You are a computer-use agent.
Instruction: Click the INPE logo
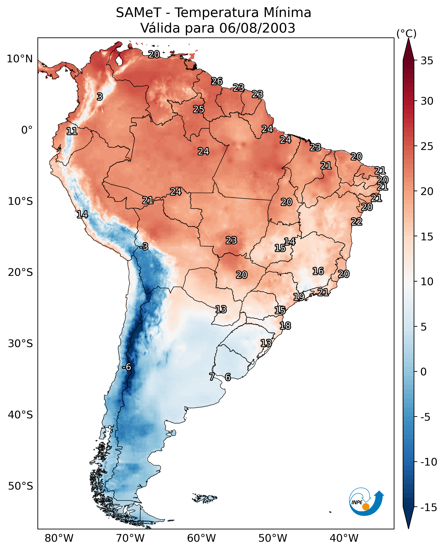[x=366, y=502]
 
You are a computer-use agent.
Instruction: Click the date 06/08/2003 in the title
[x=257, y=28]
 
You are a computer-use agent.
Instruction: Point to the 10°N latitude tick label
[x=20, y=59]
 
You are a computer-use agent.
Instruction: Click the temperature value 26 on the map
[x=217, y=81]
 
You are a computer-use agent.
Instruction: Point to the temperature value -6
[x=127, y=367]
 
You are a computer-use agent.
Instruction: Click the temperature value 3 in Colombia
[x=100, y=97]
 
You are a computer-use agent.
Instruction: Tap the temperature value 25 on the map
[x=198, y=109]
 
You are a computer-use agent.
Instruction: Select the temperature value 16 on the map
[x=318, y=271]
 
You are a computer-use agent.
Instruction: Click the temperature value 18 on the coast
[x=285, y=326]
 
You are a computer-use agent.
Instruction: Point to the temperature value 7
[x=212, y=377]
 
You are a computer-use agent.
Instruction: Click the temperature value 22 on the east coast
[x=357, y=222]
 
